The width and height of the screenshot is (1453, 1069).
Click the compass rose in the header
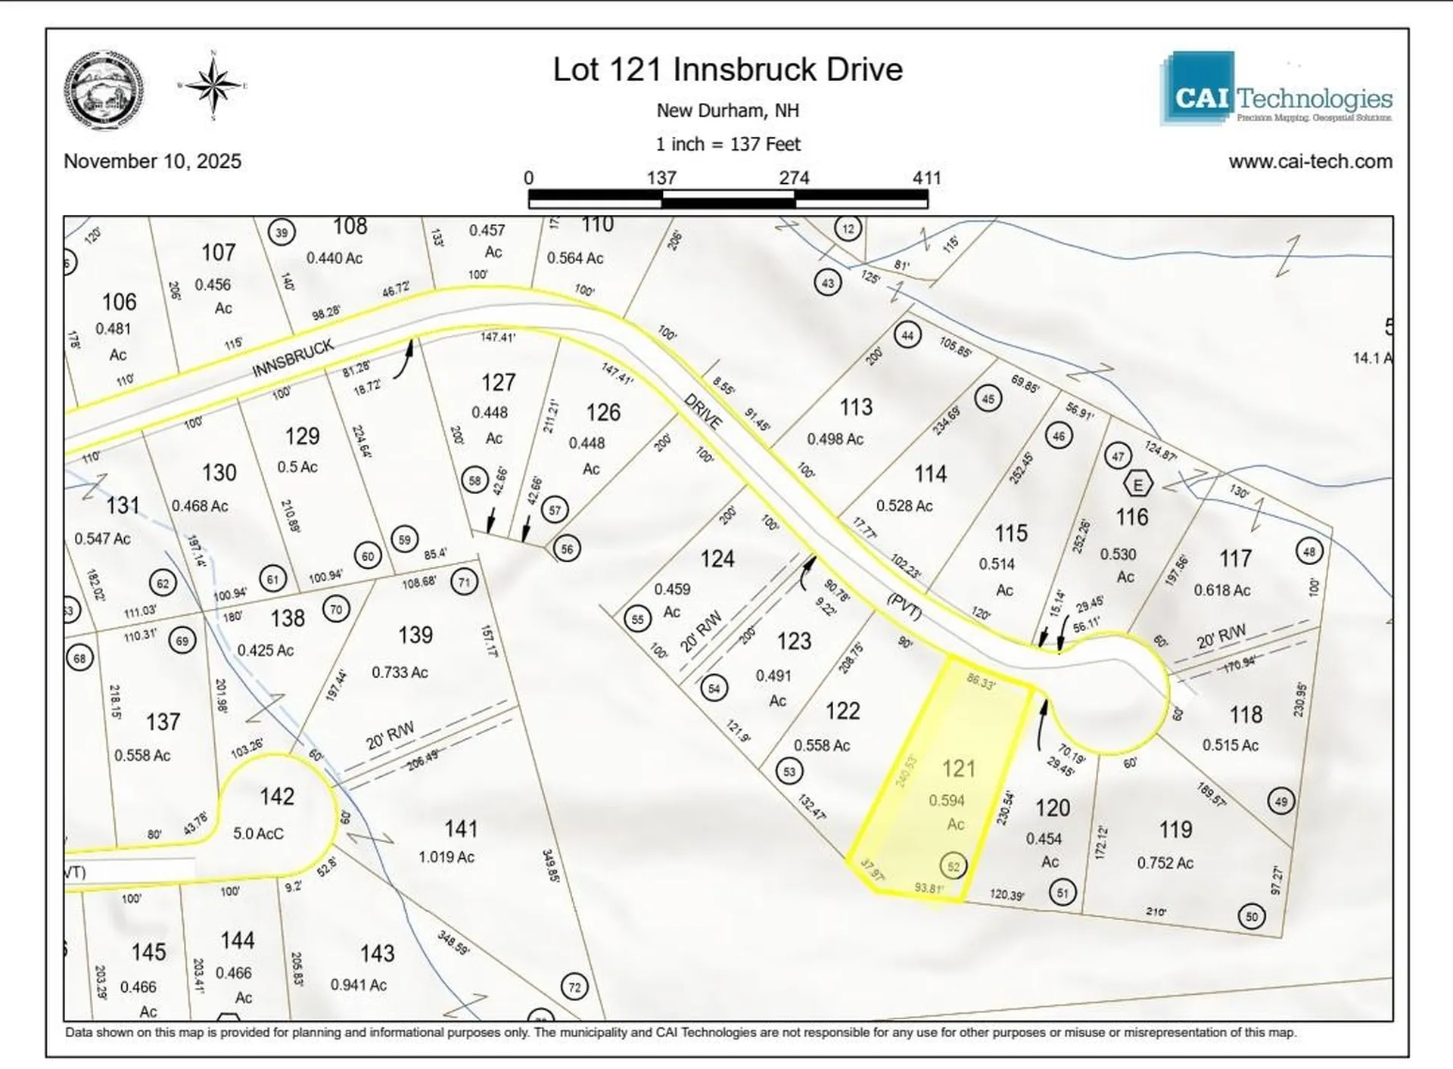[x=214, y=85]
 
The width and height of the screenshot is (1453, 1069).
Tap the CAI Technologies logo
[x=1276, y=89]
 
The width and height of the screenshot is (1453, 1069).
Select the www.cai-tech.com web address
[x=1310, y=161]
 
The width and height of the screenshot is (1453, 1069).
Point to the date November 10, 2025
[x=152, y=161]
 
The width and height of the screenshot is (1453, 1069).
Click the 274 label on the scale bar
[x=794, y=178]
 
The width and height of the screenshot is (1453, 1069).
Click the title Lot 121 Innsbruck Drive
[x=727, y=70]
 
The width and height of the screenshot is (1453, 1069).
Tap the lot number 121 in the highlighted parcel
[x=958, y=769]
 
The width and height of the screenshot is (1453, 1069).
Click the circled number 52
[x=954, y=866]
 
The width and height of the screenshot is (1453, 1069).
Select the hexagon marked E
[x=1137, y=483]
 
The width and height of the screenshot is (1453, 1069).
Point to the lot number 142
[x=277, y=796]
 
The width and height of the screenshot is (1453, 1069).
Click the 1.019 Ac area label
[x=446, y=856]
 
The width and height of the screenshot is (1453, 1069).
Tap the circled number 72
[x=574, y=987]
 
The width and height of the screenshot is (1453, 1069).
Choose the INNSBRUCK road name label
[x=293, y=359]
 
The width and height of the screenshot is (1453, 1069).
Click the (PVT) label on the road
[x=904, y=607]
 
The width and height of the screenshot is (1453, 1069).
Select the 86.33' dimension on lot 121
[x=981, y=681]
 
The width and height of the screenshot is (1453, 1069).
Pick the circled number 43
[x=828, y=283]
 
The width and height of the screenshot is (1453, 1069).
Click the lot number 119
[x=1175, y=830]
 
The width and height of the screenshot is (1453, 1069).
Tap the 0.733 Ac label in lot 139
[x=400, y=672]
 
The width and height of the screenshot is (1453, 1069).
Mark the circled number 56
[x=567, y=548]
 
